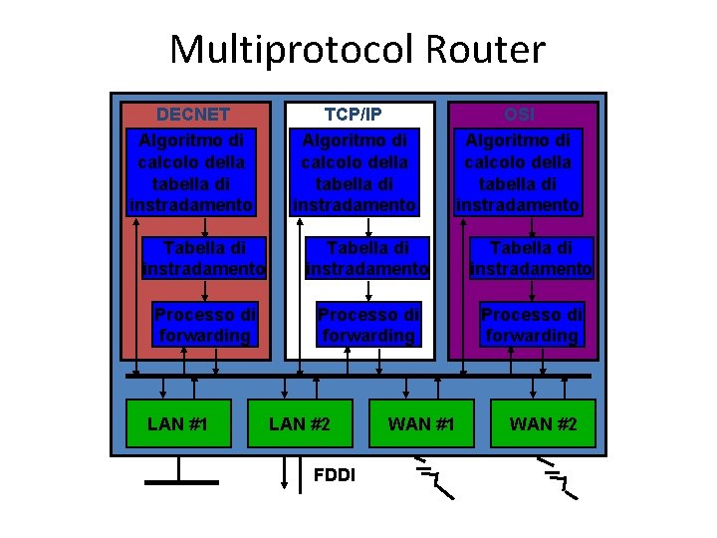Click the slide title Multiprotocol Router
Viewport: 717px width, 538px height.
tap(358, 48)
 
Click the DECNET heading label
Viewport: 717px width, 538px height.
tap(193, 115)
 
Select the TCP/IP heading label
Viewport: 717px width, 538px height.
tap(354, 115)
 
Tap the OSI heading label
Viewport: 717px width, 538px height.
tap(519, 115)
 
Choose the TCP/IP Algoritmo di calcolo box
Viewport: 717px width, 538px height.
tap(354, 170)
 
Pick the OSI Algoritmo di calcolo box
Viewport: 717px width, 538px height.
tap(518, 170)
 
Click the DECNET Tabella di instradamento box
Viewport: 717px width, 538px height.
tap(204, 258)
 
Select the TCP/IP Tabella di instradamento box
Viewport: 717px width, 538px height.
tap(367, 258)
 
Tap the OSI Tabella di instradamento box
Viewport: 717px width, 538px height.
tap(531, 258)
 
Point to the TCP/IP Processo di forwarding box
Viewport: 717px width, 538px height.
tap(367, 325)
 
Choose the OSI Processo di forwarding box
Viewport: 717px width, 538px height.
tap(531, 325)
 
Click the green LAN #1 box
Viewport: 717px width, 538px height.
tap(177, 423)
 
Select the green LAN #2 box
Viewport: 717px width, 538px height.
tap(299, 423)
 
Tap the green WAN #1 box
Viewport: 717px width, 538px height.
tap(421, 423)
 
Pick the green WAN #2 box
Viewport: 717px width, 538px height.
tap(543, 423)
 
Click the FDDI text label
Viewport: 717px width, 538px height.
tap(334, 474)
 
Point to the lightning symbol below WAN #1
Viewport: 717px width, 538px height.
tap(432, 477)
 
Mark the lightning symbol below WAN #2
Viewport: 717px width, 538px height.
tap(556, 477)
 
